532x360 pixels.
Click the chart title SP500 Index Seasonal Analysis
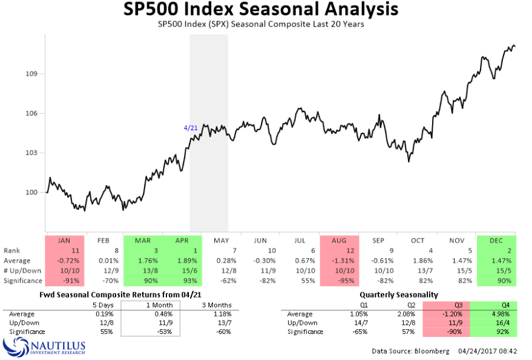[x=261, y=10]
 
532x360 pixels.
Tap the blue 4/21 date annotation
[x=191, y=128]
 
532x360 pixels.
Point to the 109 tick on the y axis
[x=30, y=74]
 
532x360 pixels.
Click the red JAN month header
[x=64, y=240]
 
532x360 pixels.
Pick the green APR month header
[x=182, y=240]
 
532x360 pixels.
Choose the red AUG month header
[x=339, y=240]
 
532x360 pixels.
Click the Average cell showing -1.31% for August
[x=339, y=260]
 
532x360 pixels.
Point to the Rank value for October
[x=418, y=250]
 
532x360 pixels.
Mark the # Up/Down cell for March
[x=143, y=270]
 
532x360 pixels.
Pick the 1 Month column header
[x=150, y=304]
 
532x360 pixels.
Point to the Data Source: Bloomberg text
[x=402, y=351]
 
